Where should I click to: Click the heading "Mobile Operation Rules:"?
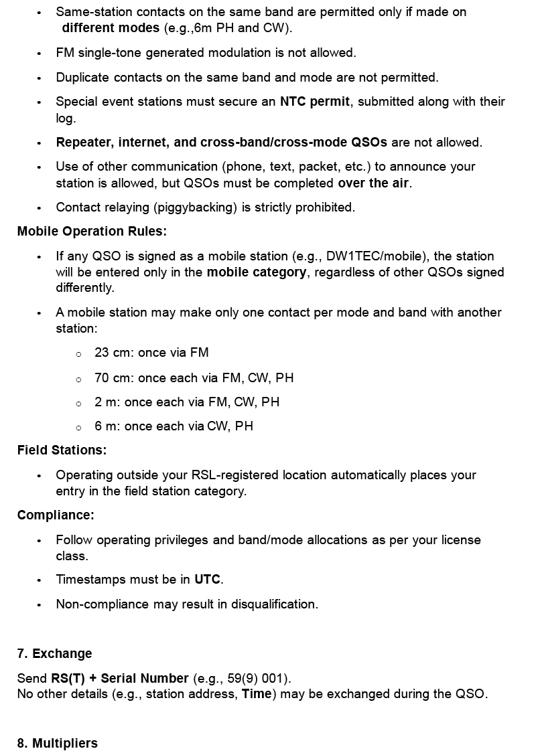pos(92,232)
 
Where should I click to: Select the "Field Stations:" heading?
pos(62,450)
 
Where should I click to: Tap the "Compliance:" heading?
pos(56,515)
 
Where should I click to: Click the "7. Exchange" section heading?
pos(55,653)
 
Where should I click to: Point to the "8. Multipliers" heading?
pos(58,743)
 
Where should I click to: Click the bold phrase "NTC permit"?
pos(315,102)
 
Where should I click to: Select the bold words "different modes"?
pos(111,28)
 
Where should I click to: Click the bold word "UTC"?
pos(207,580)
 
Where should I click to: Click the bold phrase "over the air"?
pos(373,183)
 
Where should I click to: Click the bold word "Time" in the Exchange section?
pos(257,694)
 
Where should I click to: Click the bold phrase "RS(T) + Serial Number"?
pos(120,678)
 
